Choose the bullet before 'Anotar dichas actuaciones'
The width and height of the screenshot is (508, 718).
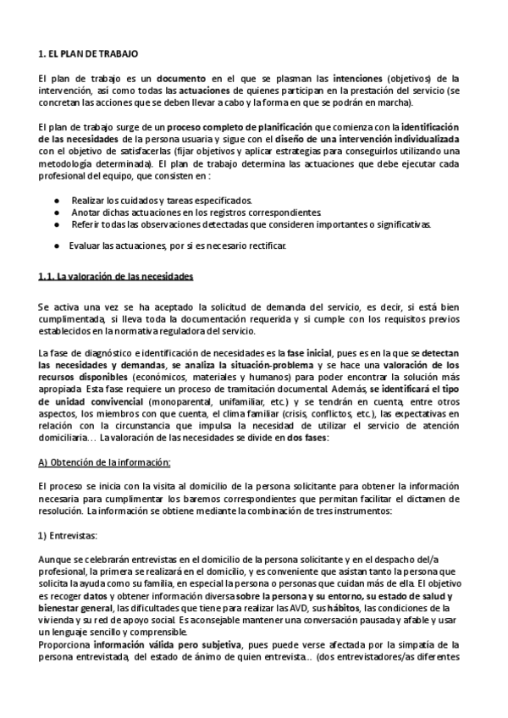(x=56, y=212)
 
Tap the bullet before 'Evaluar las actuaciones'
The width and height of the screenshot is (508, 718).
(x=56, y=246)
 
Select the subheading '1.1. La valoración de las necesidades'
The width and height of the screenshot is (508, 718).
(x=116, y=277)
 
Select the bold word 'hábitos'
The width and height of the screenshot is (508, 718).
(x=370, y=608)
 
